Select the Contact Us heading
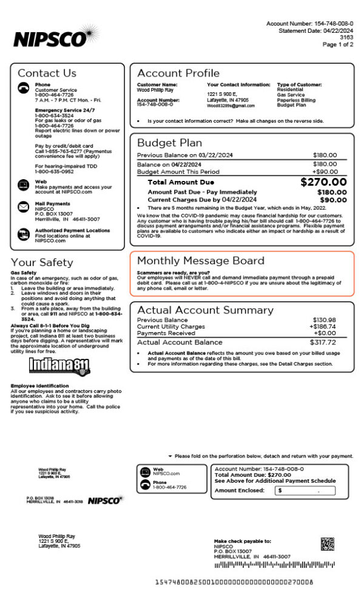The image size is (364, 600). click(47, 73)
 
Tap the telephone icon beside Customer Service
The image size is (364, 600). click(23, 88)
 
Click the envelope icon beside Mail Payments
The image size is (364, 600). click(23, 207)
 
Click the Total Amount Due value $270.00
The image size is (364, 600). click(323, 182)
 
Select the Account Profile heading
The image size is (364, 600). click(169, 73)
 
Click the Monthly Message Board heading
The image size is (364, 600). click(200, 261)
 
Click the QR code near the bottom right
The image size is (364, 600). click(327, 544)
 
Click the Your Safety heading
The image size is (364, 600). click(41, 262)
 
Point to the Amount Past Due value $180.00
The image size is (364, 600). click(332, 192)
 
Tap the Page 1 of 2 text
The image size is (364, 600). click(337, 44)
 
